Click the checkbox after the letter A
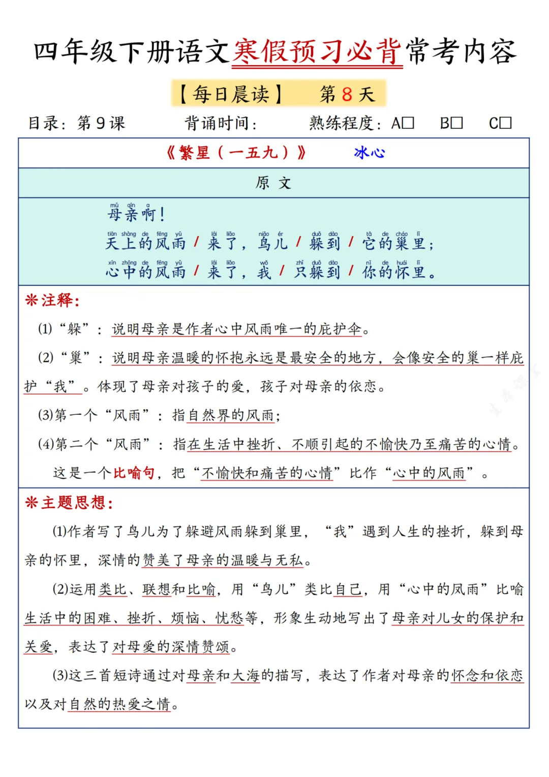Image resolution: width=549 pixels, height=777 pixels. pyautogui.click(x=408, y=123)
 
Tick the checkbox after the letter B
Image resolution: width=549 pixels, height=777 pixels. pyautogui.click(x=456, y=123)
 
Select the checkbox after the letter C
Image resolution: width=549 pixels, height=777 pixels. pyautogui.click(x=505, y=123)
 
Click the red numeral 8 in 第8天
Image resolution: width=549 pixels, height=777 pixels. pyautogui.click(x=347, y=95)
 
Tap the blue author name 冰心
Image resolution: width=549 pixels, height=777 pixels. pyautogui.click(x=370, y=153)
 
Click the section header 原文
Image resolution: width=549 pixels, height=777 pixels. pyautogui.click(x=273, y=183)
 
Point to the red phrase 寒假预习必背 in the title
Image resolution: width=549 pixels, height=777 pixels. pyautogui.click(x=318, y=52)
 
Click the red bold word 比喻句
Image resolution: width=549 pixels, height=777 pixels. pyautogui.click(x=134, y=473)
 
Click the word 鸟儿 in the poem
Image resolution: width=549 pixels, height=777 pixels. pyautogui.click(x=272, y=243)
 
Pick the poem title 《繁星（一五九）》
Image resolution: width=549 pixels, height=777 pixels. pyautogui.click(x=236, y=153)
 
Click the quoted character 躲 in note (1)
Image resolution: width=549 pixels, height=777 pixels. pyautogui.click(x=75, y=329)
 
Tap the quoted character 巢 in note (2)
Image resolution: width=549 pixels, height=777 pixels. pyautogui.click(x=76, y=358)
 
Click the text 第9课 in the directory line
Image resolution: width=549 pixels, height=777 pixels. pyautogui.click(x=101, y=123)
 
